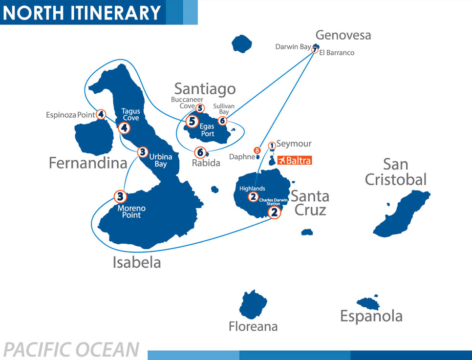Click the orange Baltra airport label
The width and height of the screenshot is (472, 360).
[294, 160]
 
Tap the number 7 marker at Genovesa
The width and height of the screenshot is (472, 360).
[315, 50]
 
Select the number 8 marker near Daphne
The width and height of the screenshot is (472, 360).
[257, 150]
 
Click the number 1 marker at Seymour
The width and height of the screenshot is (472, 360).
[272, 145]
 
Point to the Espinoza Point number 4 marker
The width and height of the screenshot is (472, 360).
[101, 114]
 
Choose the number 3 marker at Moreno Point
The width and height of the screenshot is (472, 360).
[120, 197]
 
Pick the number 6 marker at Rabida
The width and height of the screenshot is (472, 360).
[200, 152]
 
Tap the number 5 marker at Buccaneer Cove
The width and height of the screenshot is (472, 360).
[200, 108]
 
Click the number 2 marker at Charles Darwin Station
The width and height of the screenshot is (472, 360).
[275, 212]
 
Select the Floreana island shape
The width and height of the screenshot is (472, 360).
[253, 304]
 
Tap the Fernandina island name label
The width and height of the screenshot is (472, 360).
[88, 163]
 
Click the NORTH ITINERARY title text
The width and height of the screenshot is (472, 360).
[82, 13]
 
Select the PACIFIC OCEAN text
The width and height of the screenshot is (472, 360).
[71, 350]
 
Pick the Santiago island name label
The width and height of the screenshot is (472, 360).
[205, 89]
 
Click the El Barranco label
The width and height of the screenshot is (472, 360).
[337, 53]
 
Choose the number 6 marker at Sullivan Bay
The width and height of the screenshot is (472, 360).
[223, 120]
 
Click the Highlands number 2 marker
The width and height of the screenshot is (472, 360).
[253, 197]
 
